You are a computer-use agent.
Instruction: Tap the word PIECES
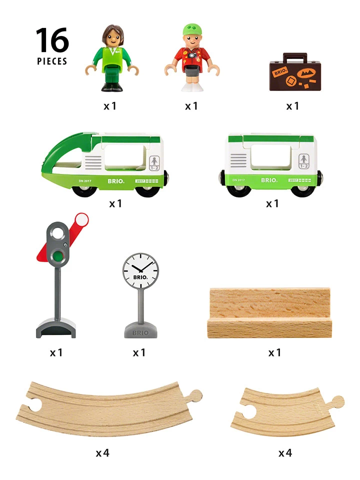coord(51,61)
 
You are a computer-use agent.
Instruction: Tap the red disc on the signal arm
coord(80,219)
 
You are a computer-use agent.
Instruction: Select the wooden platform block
coord(269,312)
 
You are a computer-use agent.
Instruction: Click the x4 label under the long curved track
coord(102,453)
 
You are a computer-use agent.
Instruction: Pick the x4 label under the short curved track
coord(285,453)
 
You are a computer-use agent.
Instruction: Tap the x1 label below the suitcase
coord(292,106)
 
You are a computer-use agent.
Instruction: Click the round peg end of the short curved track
coord(337,401)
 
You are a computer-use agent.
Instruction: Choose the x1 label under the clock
coord(139,352)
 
